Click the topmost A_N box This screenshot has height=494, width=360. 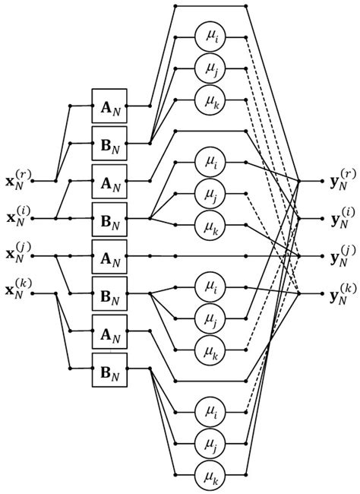(109, 106)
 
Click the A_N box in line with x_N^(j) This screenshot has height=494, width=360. (109, 256)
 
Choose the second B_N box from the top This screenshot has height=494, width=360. (109, 219)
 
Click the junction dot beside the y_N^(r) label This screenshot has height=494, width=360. (301, 182)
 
